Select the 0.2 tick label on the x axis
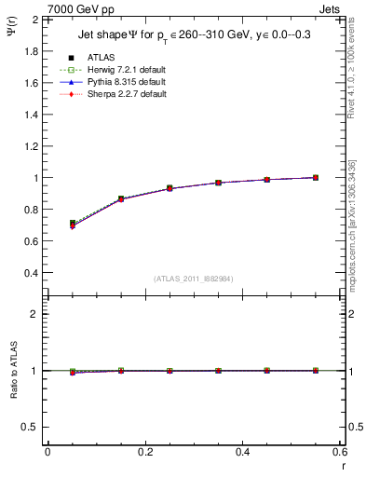point(144,452)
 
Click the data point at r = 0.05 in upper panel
point(73,224)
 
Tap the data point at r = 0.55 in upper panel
point(316,177)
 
